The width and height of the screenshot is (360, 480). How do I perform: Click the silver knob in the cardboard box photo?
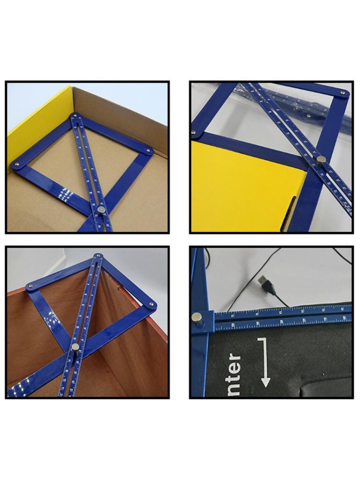click(x=102, y=209)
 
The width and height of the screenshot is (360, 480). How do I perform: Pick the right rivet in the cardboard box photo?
click(x=148, y=151)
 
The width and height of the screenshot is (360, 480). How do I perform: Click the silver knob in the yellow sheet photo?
click(x=321, y=159)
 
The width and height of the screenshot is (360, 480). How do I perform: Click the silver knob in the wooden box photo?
click(x=75, y=347)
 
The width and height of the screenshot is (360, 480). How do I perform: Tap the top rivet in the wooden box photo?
click(x=97, y=256)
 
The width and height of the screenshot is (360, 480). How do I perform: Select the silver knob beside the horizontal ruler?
click(x=197, y=317)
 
